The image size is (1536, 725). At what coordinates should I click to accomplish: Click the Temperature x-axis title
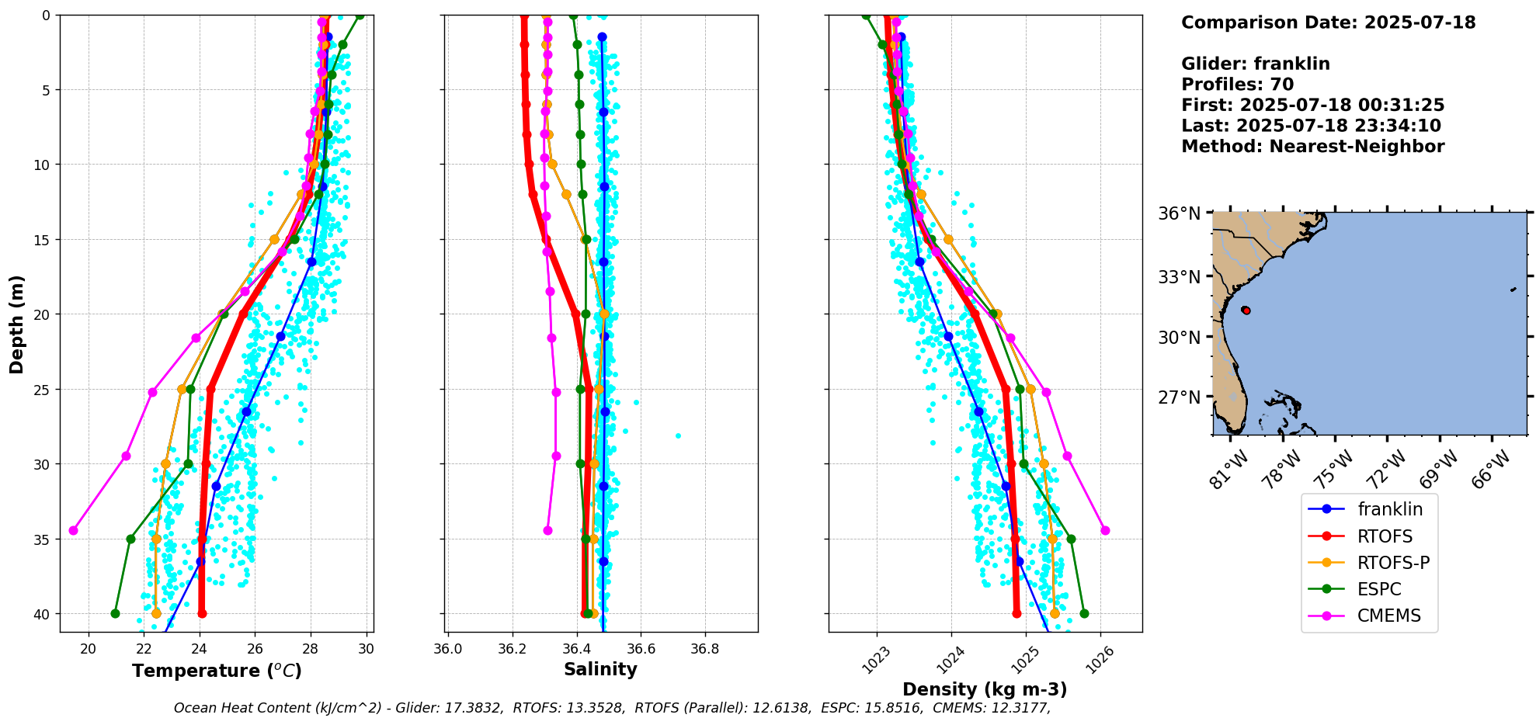click(217, 671)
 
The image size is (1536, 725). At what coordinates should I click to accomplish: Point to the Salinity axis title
click(600, 670)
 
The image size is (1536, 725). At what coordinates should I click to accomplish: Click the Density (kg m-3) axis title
click(985, 689)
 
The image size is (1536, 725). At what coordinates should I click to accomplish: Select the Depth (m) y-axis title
click(17, 324)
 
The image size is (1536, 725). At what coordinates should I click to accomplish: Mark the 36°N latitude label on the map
click(1180, 213)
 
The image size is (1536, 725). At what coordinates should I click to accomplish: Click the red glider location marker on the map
click(1246, 310)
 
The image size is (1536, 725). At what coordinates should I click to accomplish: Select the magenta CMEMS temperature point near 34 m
click(74, 531)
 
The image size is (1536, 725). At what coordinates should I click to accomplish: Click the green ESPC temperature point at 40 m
click(115, 614)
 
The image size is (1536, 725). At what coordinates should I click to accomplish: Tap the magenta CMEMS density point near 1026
click(1105, 531)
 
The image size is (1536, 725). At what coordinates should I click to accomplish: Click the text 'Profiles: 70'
click(1238, 85)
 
